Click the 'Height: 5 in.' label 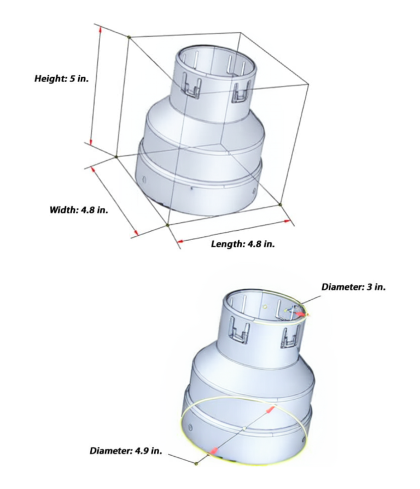tap(61, 78)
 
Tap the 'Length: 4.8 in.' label tap(243, 243)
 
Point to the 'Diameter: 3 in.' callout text tap(353, 287)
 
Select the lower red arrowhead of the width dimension tap(135, 235)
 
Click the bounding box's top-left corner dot tap(129, 37)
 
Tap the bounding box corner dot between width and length tap(167, 224)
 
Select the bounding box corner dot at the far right tap(280, 204)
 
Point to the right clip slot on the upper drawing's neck tap(241, 92)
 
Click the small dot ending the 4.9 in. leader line tap(196, 464)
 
